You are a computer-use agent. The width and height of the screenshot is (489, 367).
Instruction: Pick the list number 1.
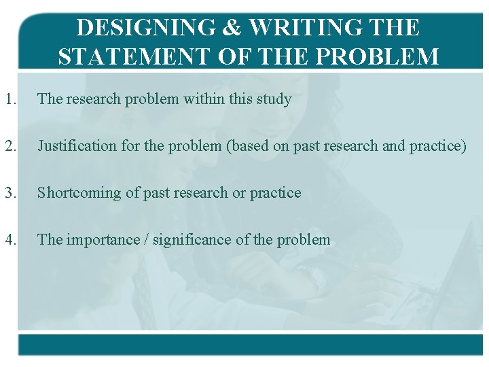(9, 99)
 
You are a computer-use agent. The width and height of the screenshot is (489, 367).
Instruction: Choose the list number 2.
(9, 146)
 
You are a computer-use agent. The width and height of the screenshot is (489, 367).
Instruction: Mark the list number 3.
(9, 193)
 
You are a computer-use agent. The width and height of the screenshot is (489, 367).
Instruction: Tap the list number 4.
(9, 240)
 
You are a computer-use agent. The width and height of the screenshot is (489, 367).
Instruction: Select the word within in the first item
(204, 99)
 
